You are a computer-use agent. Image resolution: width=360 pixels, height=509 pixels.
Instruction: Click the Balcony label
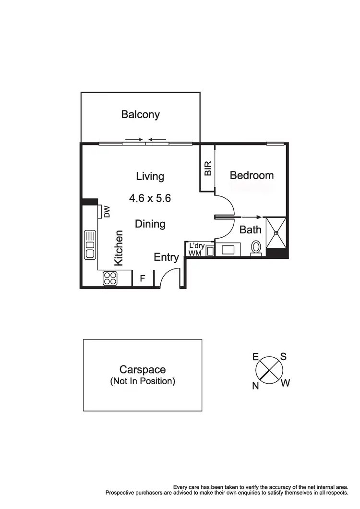[140, 115]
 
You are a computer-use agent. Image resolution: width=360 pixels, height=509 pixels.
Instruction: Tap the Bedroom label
[252, 175]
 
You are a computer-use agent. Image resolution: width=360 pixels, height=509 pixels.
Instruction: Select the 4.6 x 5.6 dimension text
[150, 198]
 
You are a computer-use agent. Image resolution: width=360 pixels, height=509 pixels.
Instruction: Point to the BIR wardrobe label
[208, 168]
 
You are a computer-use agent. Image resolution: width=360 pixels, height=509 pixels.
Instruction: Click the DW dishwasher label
[107, 211]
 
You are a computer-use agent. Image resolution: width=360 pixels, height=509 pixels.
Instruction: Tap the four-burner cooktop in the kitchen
[110, 278]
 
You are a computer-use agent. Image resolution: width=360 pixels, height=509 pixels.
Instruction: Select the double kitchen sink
[90, 245]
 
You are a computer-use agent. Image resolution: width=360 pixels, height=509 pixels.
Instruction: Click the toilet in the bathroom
[256, 248]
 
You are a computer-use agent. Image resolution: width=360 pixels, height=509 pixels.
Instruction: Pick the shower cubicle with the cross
[276, 233]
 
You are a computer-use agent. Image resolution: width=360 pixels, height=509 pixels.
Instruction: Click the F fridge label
[142, 278]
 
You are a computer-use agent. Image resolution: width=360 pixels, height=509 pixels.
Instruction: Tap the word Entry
[166, 257]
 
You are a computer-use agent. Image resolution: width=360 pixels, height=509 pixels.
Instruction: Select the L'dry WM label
[197, 249]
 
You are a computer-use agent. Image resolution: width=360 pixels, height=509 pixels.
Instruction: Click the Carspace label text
[143, 370]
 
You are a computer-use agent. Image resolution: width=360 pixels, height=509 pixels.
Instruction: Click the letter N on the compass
[256, 386]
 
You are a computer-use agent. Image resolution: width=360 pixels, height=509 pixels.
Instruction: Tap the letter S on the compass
[283, 357]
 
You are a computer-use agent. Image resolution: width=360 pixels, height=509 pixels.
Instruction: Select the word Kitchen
[119, 248]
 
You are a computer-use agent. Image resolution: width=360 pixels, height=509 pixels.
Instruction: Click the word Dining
[150, 224]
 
